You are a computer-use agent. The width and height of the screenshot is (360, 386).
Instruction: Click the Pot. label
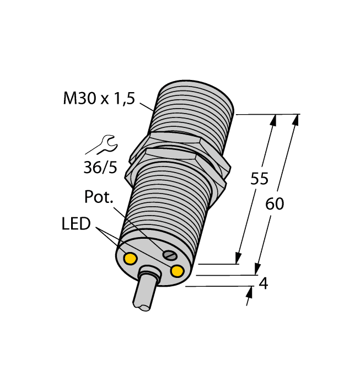tap(99, 197)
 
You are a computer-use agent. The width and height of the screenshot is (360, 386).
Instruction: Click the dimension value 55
tap(259, 179)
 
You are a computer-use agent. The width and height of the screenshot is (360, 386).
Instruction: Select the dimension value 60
tap(275, 204)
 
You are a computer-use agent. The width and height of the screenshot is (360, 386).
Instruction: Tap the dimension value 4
tap(264, 284)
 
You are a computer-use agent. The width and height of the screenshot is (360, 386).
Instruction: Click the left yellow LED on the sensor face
tap(131, 258)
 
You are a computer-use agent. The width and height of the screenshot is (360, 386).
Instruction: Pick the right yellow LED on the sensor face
tap(178, 271)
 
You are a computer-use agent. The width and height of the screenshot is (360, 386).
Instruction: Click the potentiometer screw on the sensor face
tap(170, 254)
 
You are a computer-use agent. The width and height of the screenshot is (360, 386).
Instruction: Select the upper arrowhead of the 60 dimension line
tap(297, 119)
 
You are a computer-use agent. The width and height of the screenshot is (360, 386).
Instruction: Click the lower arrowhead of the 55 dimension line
tap(239, 259)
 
